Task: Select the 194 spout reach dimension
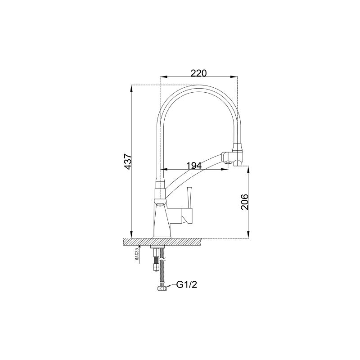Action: click(193, 166)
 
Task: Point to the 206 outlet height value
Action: click(244, 202)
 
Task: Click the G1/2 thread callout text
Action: click(187, 284)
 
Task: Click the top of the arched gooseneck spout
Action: click(198, 85)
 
